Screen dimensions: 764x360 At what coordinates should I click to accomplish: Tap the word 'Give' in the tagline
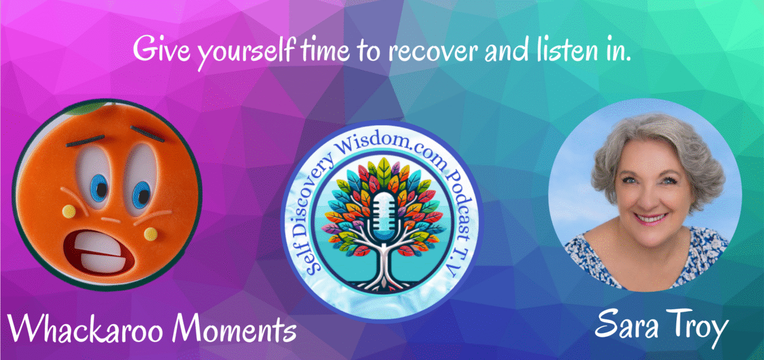(x=161, y=50)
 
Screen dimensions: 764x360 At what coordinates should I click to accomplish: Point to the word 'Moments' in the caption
(x=234, y=328)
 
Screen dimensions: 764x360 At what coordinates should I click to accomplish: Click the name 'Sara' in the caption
(x=626, y=324)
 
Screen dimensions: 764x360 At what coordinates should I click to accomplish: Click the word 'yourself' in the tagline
(x=245, y=51)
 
